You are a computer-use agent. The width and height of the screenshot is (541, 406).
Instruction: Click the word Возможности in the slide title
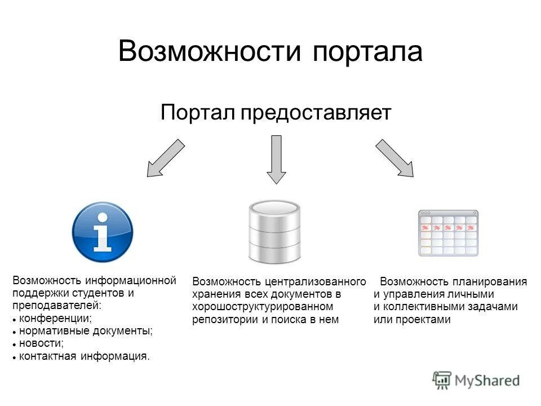[209, 52]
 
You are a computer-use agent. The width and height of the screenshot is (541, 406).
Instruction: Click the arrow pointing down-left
[165, 158]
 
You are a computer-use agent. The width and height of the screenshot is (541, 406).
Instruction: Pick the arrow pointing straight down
[276, 159]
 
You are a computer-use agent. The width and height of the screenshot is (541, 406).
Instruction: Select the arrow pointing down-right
[395, 158]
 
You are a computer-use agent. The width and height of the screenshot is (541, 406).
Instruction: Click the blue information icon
[103, 232]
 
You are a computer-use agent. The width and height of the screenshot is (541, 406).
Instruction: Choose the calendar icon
[448, 232]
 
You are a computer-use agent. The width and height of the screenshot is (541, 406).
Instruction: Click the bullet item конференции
[55, 319]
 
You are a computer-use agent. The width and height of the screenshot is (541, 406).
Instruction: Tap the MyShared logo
[477, 380]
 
